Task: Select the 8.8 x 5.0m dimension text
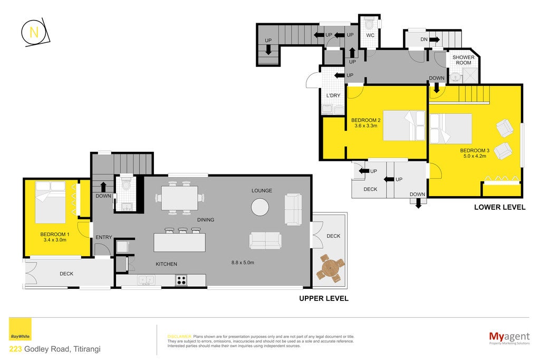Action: [x=243, y=262]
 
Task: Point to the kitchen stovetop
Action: [x=181, y=280]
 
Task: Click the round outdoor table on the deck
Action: [x=331, y=268]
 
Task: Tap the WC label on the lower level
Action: [x=370, y=35]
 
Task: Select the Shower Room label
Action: [x=463, y=60]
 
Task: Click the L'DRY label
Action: [x=333, y=95]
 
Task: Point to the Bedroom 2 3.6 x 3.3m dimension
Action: [x=366, y=125]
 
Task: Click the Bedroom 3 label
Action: [x=475, y=150]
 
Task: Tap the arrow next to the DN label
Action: [x=435, y=40]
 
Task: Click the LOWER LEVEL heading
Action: [x=500, y=207]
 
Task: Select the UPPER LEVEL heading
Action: [x=324, y=298]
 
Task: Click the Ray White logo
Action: [x=20, y=329]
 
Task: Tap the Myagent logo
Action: [x=509, y=338]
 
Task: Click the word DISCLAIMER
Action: [x=179, y=336]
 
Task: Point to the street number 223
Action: [x=15, y=349]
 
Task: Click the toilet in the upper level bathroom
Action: [x=127, y=185]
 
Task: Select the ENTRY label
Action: [x=104, y=237]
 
